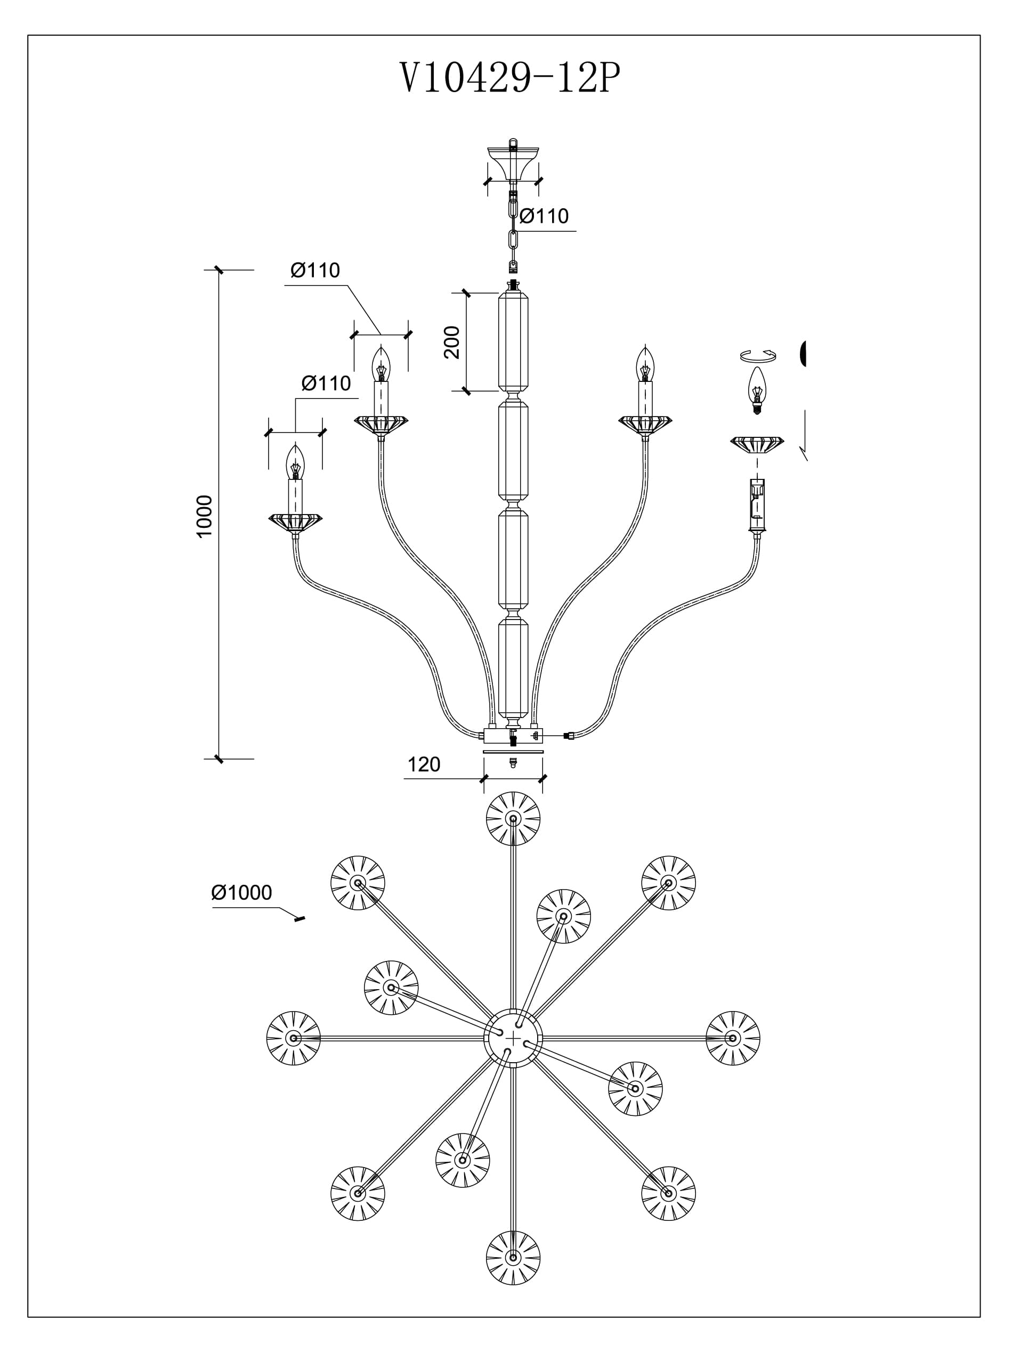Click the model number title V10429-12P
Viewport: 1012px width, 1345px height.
click(509, 78)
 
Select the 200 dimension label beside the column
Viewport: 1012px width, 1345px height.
click(452, 343)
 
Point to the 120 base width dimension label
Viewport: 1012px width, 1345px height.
click(423, 764)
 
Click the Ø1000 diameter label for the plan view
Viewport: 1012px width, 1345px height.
click(241, 893)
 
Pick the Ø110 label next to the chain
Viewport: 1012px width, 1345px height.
click(544, 216)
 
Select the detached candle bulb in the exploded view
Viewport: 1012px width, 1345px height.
click(757, 390)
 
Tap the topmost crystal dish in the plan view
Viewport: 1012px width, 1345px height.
click(513, 818)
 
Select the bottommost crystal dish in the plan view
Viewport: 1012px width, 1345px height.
click(513, 1258)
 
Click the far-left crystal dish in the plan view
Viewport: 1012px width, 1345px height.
click(294, 1038)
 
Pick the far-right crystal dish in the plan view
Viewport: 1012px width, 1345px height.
click(733, 1038)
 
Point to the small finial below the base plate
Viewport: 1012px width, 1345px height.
click(513, 764)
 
